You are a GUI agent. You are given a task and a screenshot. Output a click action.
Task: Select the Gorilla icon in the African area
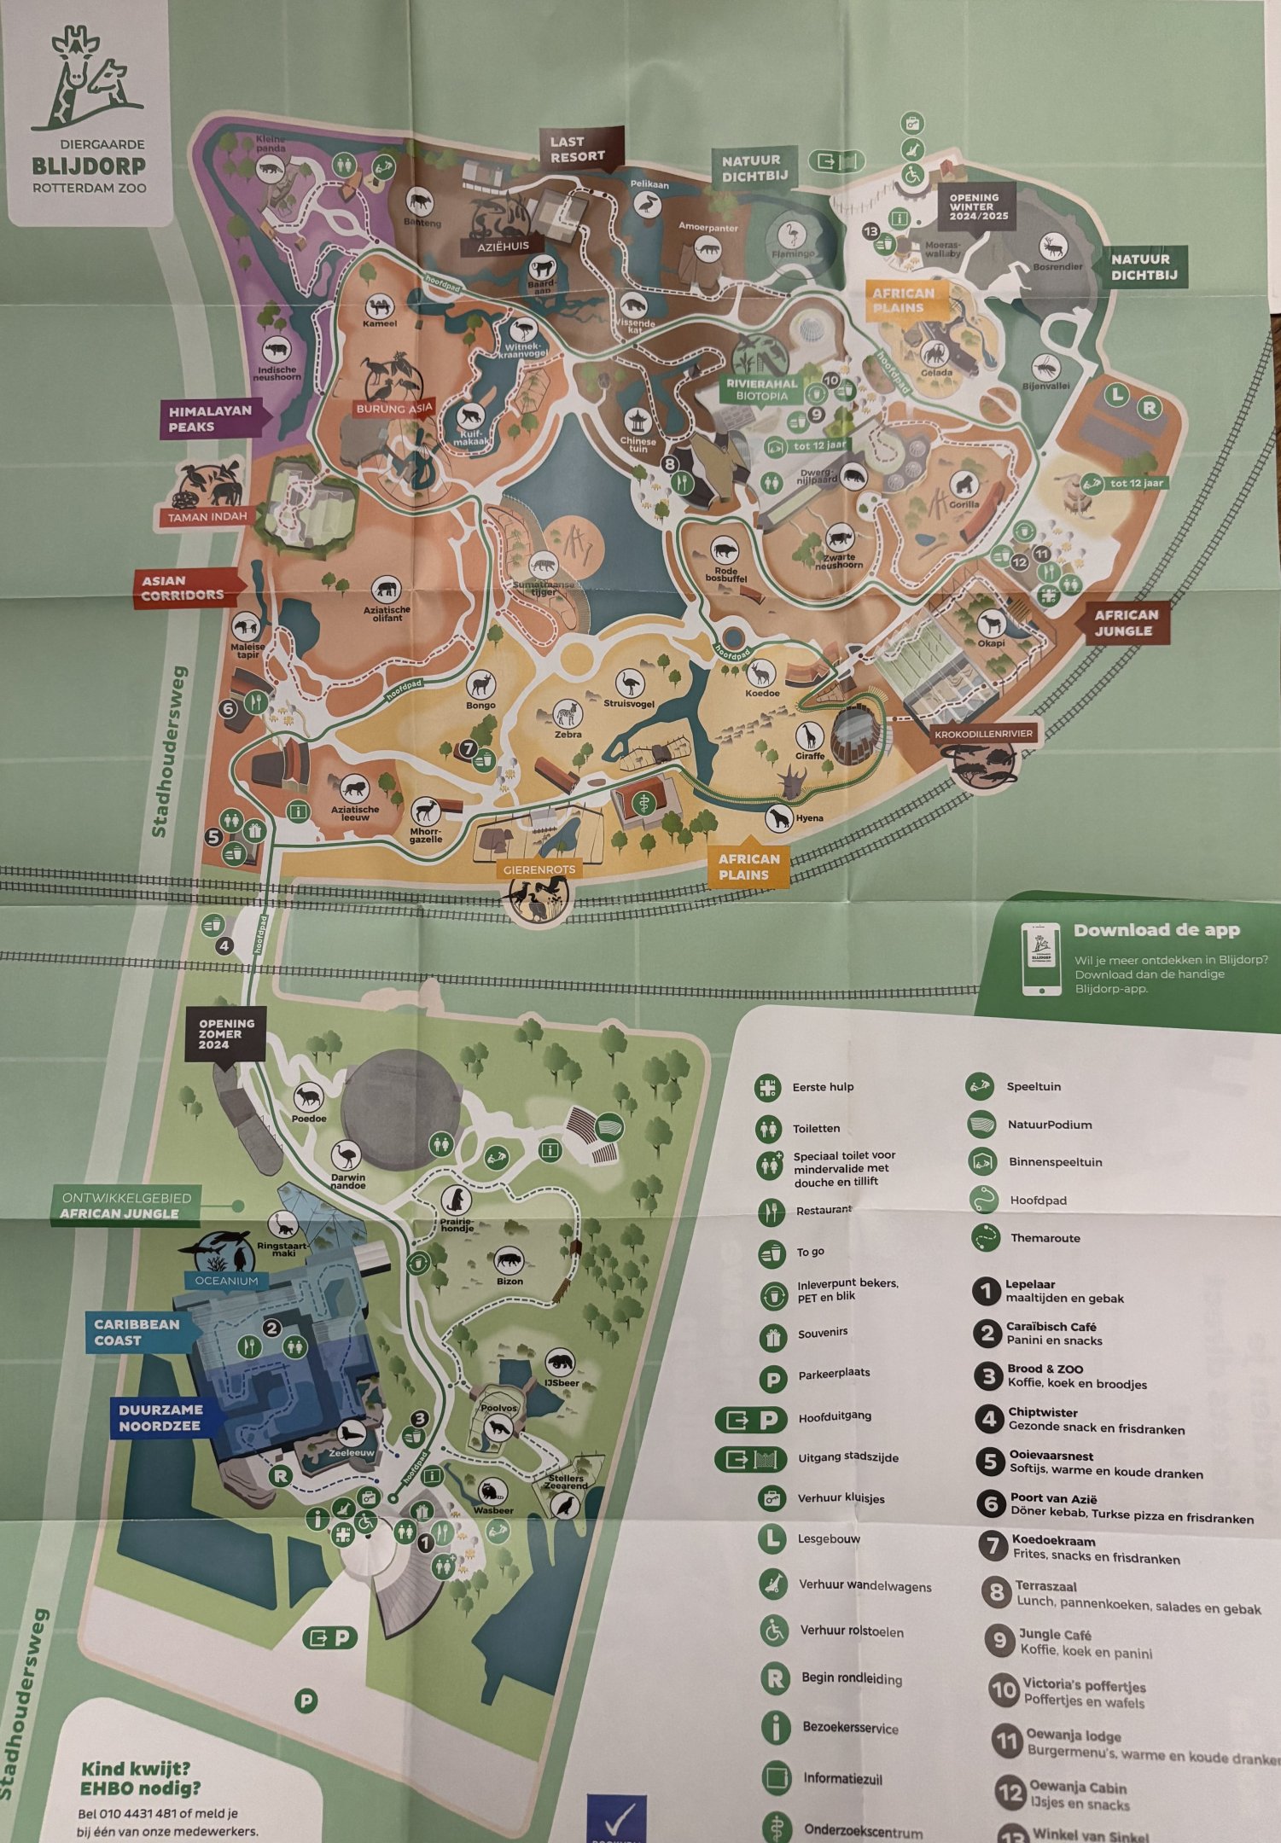[x=964, y=485]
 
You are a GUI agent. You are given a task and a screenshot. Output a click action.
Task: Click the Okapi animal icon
[x=991, y=622]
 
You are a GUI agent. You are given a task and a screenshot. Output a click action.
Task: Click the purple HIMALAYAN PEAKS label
[x=210, y=418]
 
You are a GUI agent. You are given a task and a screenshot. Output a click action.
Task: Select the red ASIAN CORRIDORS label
[x=183, y=588]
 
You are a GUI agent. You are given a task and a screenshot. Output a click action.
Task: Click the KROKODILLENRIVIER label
[x=983, y=734]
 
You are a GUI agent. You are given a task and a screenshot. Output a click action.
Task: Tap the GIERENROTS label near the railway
[x=539, y=869]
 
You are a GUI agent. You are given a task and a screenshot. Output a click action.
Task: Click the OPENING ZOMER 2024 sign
[x=226, y=1033]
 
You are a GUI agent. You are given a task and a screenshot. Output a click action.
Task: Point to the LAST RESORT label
[x=577, y=149]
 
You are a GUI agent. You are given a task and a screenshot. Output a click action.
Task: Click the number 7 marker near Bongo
[x=468, y=749]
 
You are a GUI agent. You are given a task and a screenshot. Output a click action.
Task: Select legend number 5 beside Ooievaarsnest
[x=989, y=1462]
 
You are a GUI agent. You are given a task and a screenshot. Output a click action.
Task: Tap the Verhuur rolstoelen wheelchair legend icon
[x=774, y=1631]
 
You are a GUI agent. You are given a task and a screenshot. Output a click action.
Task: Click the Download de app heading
[x=1156, y=930]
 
